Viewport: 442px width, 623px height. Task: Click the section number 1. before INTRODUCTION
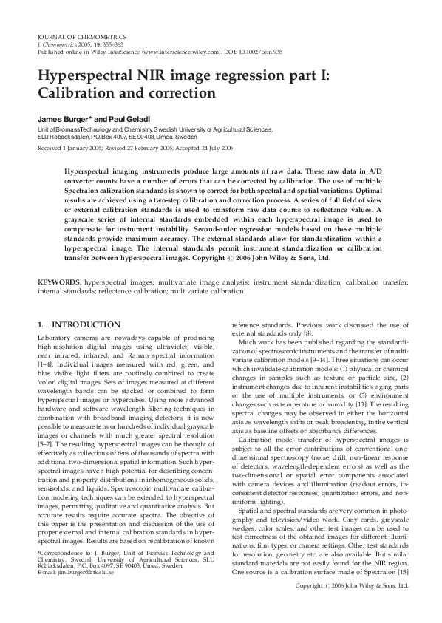pos(41,324)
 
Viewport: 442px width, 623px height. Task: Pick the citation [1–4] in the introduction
pos(45,357)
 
